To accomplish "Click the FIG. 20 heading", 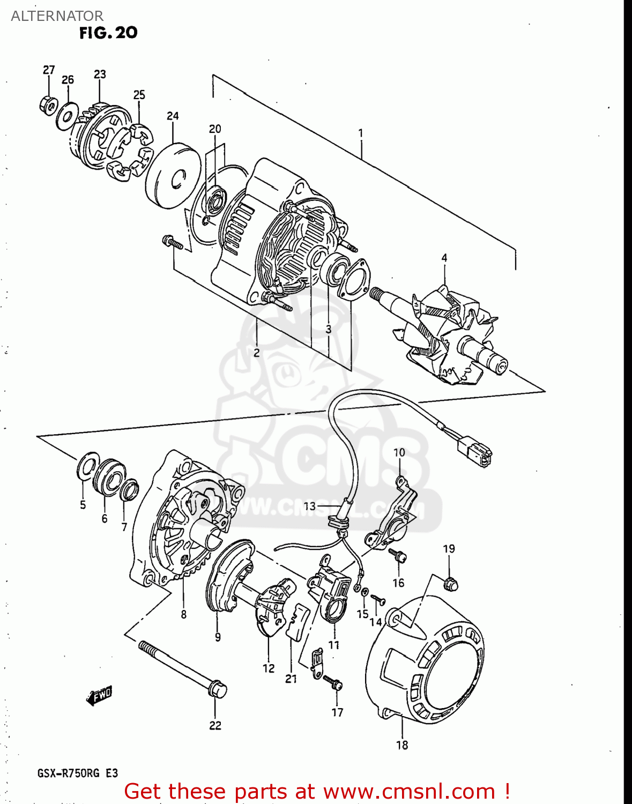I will (108, 33).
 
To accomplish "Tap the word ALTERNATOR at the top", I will (57, 16).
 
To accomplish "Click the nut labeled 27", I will (48, 105).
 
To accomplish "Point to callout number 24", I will (173, 116).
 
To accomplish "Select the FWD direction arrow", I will (99, 695).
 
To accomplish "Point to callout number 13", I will (310, 506).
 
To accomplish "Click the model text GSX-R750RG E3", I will (78, 773).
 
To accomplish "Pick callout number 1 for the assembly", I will (361, 132).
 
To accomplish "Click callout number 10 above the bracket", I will (399, 452).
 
